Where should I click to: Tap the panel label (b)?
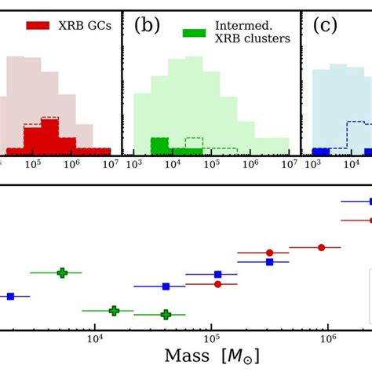(x=147, y=25)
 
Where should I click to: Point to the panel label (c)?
(x=326, y=25)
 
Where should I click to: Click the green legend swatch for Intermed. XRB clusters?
(x=194, y=33)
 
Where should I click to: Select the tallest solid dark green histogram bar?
(x=160, y=145)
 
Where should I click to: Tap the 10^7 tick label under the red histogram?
(x=110, y=165)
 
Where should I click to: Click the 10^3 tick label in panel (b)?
(x=134, y=165)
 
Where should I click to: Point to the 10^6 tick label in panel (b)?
(x=251, y=165)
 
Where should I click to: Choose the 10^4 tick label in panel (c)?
(x=352, y=165)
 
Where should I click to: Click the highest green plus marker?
(x=62, y=272)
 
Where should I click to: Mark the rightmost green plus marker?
(x=166, y=314)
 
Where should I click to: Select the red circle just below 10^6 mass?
(x=321, y=247)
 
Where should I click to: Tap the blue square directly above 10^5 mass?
(x=217, y=275)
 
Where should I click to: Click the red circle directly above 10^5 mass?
(x=217, y=284)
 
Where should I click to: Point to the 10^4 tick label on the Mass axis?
(x=95, y=338)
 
